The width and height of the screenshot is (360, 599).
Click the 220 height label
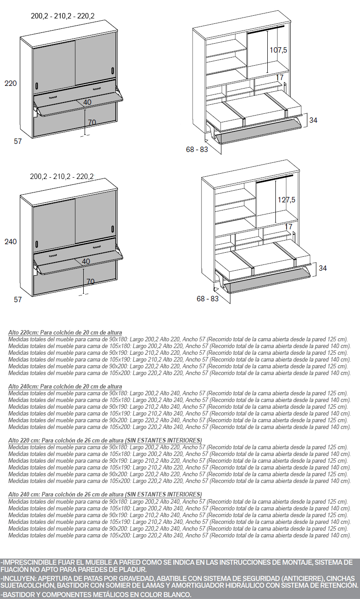(x=10, y=83)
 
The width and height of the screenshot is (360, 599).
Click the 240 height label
(x=10, y=241)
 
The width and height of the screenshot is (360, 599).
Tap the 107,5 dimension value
(x=278, y=50)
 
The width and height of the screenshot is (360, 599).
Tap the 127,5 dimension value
(x=286, y=200)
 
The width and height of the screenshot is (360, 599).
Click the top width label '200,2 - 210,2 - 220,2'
(x=63, y=16)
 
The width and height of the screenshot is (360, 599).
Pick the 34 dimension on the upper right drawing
(x=314, y=120)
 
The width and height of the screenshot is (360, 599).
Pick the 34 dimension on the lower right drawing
(x=323, y=268)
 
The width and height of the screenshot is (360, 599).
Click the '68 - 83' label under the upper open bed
(x=197, y=149)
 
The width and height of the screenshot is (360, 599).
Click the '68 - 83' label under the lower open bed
(x=208, y=298)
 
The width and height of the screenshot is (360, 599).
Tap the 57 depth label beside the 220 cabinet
(x=18, y=141)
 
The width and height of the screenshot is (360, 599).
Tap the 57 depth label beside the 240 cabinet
(x=18, y=299)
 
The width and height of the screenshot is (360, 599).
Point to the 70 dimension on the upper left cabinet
(x=92, y=122)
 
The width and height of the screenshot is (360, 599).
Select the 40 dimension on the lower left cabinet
(x=86, y=261)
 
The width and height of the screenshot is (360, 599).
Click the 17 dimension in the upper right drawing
(x=280, y=78)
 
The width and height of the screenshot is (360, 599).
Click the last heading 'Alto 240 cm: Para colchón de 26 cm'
(x=105, y=494)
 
